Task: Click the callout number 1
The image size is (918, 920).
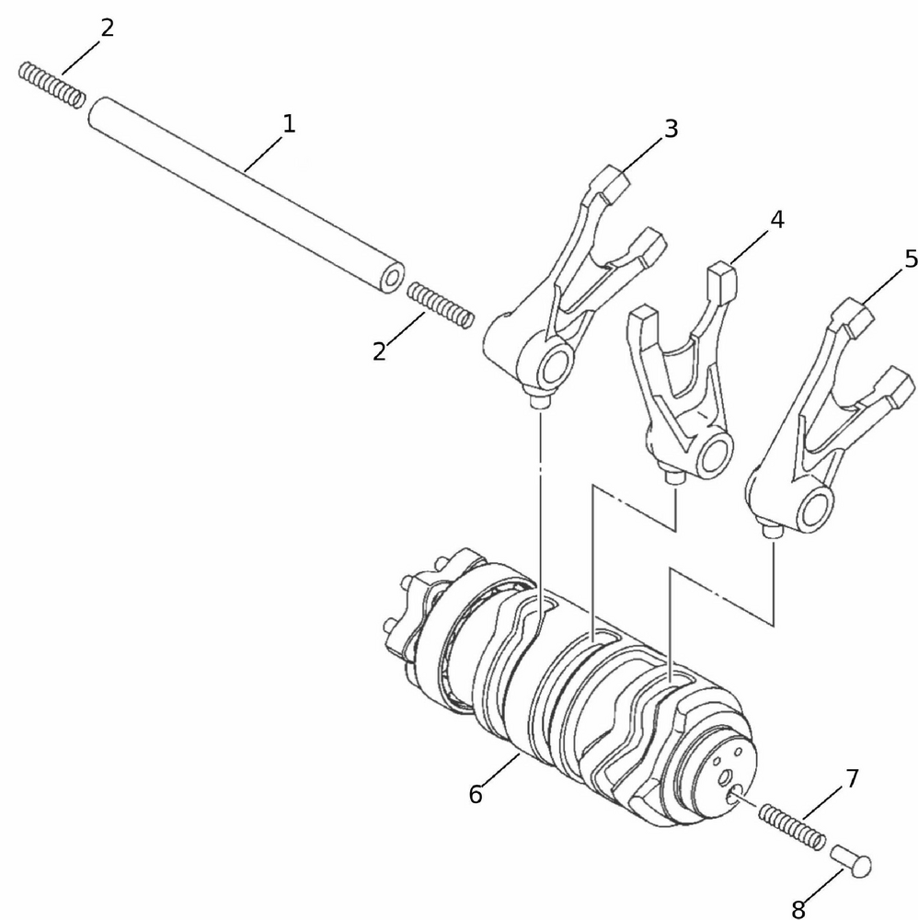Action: point(289,124)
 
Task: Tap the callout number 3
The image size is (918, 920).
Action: point(671,129)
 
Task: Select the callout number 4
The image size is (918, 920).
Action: point(777,220)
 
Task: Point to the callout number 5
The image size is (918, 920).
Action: point(911,259)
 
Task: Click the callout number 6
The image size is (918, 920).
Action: point(476,795)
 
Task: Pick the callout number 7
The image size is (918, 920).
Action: point(852,778)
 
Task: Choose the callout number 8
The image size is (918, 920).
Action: point(798,910)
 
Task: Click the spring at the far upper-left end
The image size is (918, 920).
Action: point(52,85)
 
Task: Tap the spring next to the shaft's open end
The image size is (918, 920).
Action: point(440,305)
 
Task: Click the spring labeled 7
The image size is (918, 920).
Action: point(792,827)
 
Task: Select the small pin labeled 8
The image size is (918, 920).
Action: point(851,860)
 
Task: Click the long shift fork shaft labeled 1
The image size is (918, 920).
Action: point(247,195)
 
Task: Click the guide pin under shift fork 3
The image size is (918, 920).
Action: point(539,404)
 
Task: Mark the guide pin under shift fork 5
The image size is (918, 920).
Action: point(772,531)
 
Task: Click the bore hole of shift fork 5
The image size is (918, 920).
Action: point(813,508)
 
